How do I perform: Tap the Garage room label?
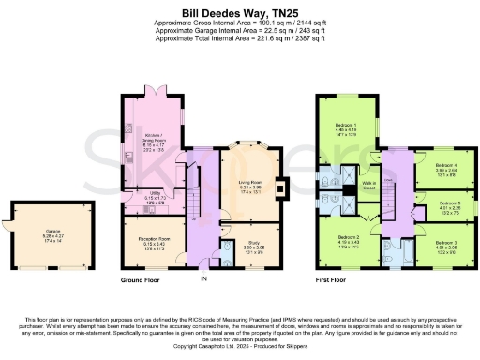(39, 232)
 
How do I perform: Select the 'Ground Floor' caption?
(143, 279)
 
